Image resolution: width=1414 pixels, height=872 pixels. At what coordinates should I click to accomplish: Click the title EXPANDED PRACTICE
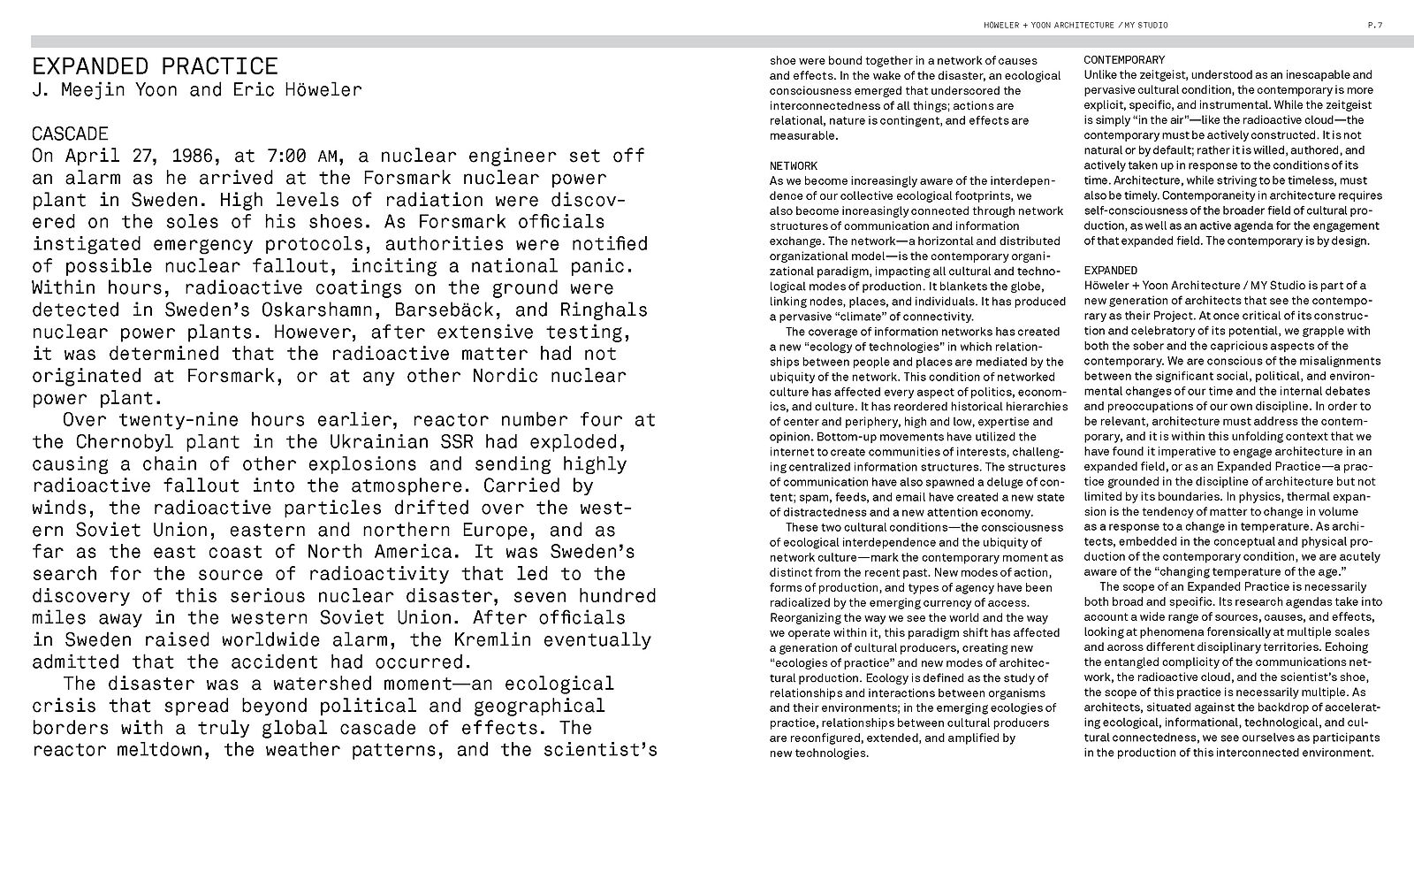point(155,66)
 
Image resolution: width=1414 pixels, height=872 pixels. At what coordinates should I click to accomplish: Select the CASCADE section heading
point(70,134)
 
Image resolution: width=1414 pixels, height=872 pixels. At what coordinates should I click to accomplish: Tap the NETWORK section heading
point(794,165)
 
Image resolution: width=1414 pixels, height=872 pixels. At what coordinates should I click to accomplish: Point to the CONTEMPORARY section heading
point(1124,60)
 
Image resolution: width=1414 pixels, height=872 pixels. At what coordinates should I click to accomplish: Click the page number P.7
point(1374,25)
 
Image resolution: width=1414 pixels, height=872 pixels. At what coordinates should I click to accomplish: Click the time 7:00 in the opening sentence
point(286,156)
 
